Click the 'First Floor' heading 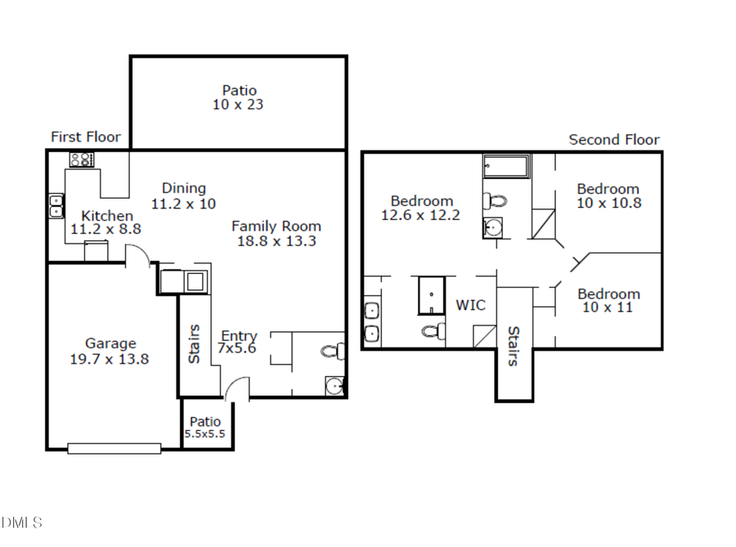pyautogui.click(x=85, y=137)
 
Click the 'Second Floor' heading pyautogui.click(x=613, y=140)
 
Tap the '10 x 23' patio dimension pyautogui.click(x=239, y=105)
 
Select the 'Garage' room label pyautogui.click(x=110, y=343)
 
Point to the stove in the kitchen pyautogui.click(x=81, y=159)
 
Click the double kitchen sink pyautogui.click(x=56, y=205)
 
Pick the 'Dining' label pyautogui.click(x=183, y=188)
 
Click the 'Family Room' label pyautogui.click(x=276, y=226)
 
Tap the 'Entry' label pyautogui.click(x=239, y=336)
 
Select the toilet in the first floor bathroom pyautogui.click(x=332, y=352)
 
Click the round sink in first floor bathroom pyautogui.click(x=333, y=384)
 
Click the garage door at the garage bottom pyautogui.click(x=114, y=448)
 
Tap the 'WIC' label pyautogui.click(x=470, y=305)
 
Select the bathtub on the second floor pyautogui.click(x=506, y=168)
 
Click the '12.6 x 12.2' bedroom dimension pyautogui.click(x=420, y=215)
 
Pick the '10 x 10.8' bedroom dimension pyautogui.click(x=608, y=203)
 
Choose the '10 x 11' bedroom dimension pyautogui.click(x=608, y=307)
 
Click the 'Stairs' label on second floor pyautogui.click(x=514, y=346)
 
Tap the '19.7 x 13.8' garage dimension pyautogui.click(x=110, y=358)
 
